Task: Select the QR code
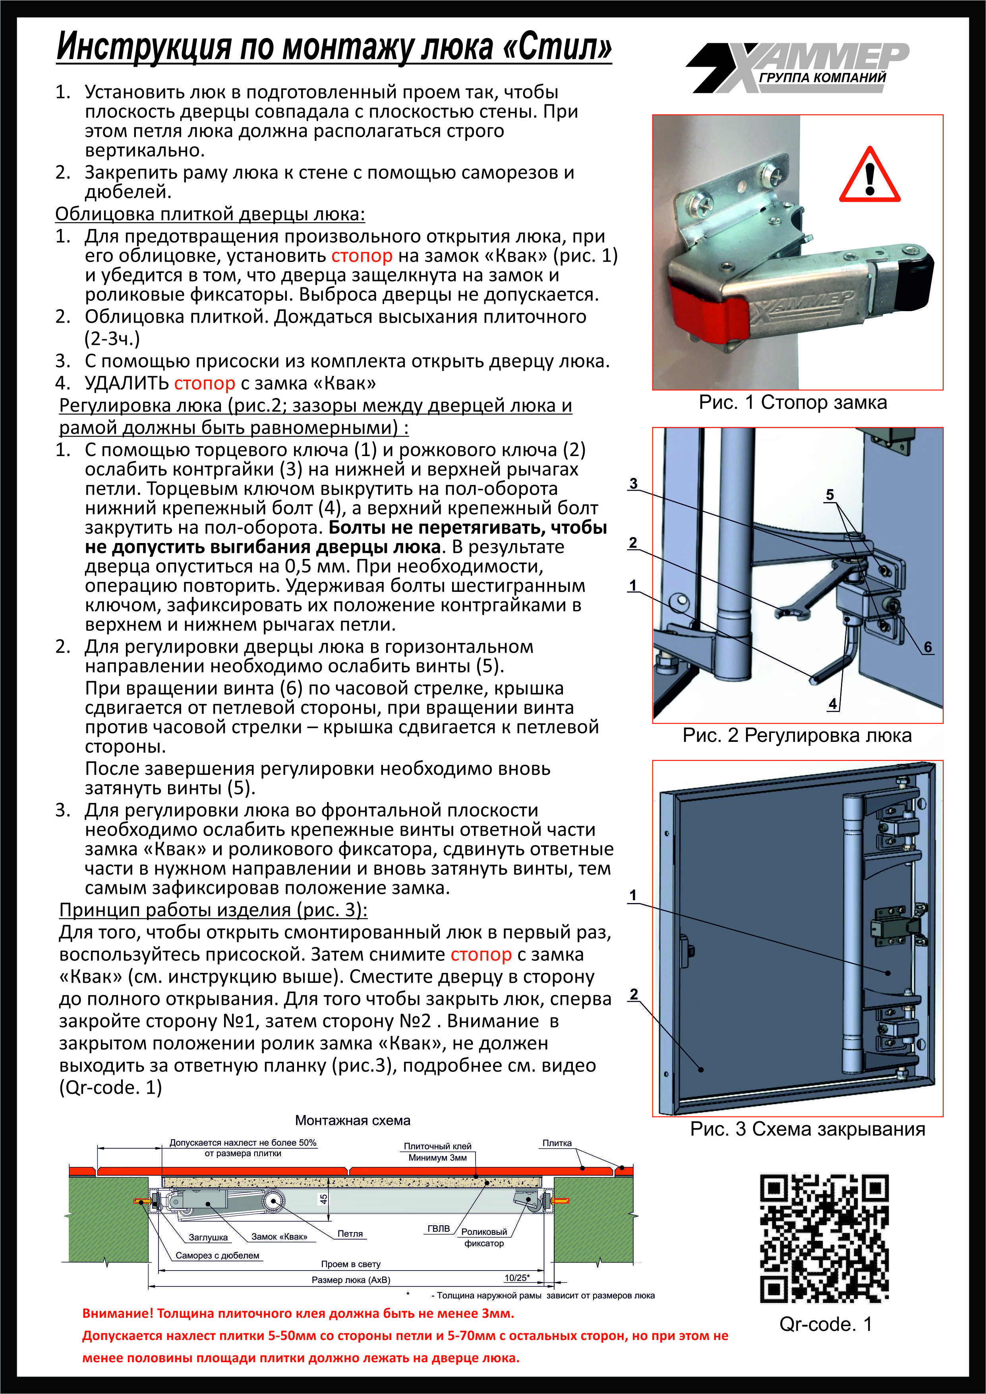pyautogui.click(x=824, y=1238)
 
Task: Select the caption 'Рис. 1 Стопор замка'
pyautogui.click(x=793, y=402)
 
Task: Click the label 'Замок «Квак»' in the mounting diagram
pyautogui.click(x=279, y=1236)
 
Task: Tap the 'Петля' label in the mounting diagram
pyautogui.click(x=350, y=1234)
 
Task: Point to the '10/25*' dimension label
pyautogui.click(x=517, y=1277)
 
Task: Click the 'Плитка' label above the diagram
pyautogui.click(x=557, y=1143)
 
